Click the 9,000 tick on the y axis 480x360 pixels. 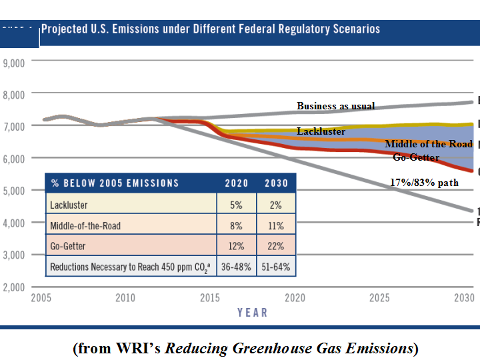(13, 63)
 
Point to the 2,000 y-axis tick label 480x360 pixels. (13, 287)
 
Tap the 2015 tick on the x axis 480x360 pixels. (210, 298)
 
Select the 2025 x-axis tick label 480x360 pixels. (379, 298)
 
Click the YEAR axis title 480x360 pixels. (252, 312)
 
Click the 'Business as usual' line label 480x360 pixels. (335, 106)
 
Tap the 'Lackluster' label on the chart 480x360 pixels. (321, 131)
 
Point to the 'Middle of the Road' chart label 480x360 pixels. (429, 144)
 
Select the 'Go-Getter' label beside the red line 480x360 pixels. (416, 157)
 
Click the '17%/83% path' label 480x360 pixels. (424, 183)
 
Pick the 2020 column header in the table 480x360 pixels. (237, 183)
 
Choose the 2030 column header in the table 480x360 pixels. (277, 183)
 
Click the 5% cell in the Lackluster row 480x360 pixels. (237, 205)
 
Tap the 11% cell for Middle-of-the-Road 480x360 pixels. (277, 225)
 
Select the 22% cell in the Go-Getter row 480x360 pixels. (277, 246)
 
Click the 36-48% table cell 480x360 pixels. (237, 267)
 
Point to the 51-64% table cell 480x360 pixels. (277, 267)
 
